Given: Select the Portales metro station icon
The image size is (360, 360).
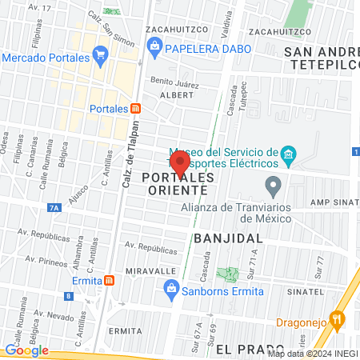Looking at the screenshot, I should click(x=136, y=108).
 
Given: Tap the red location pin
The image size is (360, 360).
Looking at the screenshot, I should click(x=181, y=163).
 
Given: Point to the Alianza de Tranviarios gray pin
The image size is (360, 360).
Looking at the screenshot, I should click(x=274, y=187).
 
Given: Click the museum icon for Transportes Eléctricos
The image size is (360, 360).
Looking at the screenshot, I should click(x=289, y=153).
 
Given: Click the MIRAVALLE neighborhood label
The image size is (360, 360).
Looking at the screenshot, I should click(x=150, y=270).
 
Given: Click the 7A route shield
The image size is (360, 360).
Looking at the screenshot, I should click(x=54, y=207).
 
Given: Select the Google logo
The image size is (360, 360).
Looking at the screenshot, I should click(x=26, y=350).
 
